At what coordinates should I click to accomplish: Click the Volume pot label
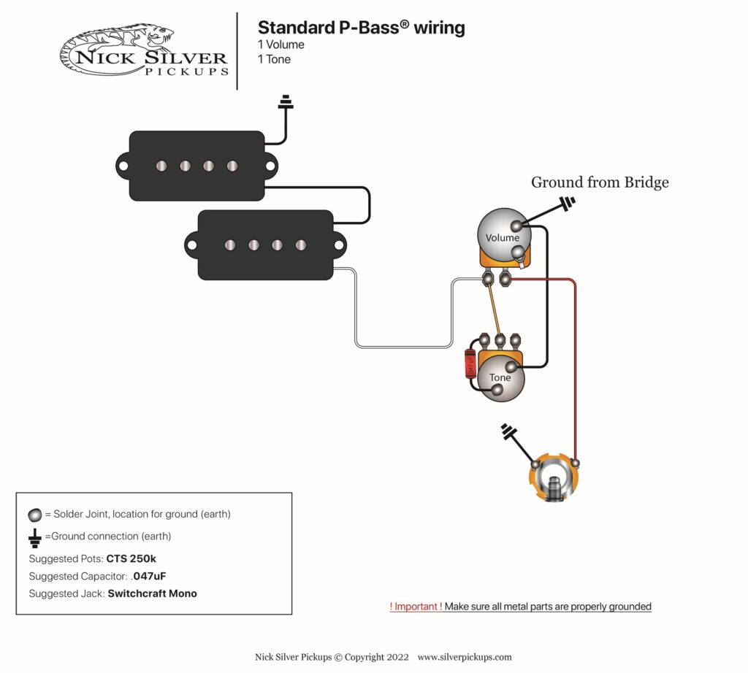pyautogui.click(x=502, y=237)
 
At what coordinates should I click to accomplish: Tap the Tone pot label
pyautogui.click(x=500, y=377)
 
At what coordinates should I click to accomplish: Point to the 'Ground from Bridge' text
pyautogui.click(x=599, y=182)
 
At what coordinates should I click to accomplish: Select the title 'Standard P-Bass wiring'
pyautogui.click(x=361, y=28)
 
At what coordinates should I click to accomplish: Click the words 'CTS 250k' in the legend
pyautogui.click(x=131, y=558)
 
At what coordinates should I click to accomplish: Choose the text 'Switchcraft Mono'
pyautogui.click(x=152, y=593)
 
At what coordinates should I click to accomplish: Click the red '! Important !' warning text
pyautogui.click(x=416, y=607)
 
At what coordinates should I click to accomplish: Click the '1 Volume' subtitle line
pyautogui.click(x=280, y=45)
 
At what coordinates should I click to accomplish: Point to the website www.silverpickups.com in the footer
pyautogui.click(x=465, y=657)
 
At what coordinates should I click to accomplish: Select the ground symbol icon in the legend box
pyautogui.click(x=34, y=538)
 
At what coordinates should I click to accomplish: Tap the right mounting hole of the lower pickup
pyautogui.click(x=339, y=245)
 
